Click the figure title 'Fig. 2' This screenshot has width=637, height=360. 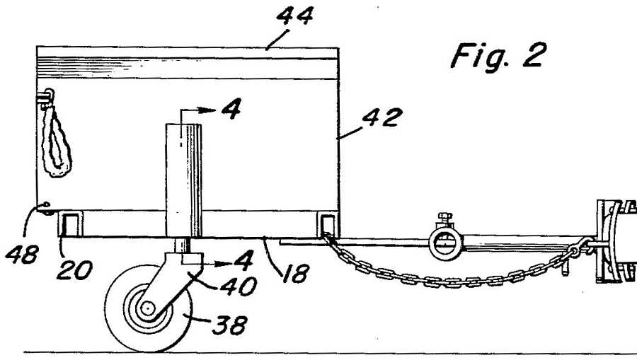point(498,57)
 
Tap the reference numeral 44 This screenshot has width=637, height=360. point(295,16)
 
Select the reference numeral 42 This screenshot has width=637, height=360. point(382,117)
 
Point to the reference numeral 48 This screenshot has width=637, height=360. point(23,255)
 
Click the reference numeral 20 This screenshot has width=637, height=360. point(75,271)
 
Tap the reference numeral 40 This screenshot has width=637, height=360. point(239,286)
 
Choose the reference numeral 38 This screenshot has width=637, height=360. point(229,325)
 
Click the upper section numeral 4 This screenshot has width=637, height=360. point(231,108)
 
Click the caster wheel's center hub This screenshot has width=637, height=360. point(147,308)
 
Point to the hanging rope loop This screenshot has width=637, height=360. point(56,140)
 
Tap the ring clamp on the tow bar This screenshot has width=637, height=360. point(446,243)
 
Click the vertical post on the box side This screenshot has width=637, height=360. point(183,180)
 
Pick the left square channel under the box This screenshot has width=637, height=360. point(70,223)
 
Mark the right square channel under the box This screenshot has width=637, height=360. point(328,224)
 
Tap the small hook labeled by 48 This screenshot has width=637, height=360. point(45,208)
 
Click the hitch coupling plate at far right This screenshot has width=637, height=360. point(616,240)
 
